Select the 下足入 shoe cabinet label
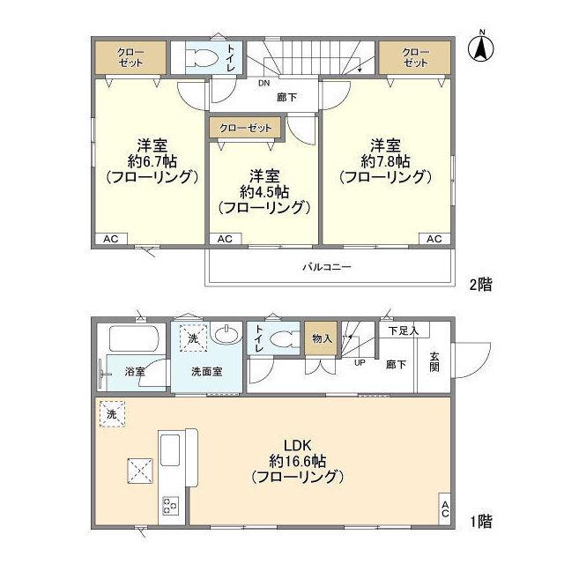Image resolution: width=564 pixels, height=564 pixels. [403, 331]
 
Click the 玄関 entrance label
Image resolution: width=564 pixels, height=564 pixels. [435, 361]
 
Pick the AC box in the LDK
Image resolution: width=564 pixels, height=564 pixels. [445, 508]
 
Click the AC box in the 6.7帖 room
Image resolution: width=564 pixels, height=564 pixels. [110, 239]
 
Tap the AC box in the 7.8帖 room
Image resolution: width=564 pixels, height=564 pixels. [434, 239]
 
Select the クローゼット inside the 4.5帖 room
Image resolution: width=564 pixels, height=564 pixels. [245, 128]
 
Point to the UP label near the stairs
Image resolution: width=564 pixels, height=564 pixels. [360, 362]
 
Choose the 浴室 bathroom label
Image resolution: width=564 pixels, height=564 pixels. [135, 372]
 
